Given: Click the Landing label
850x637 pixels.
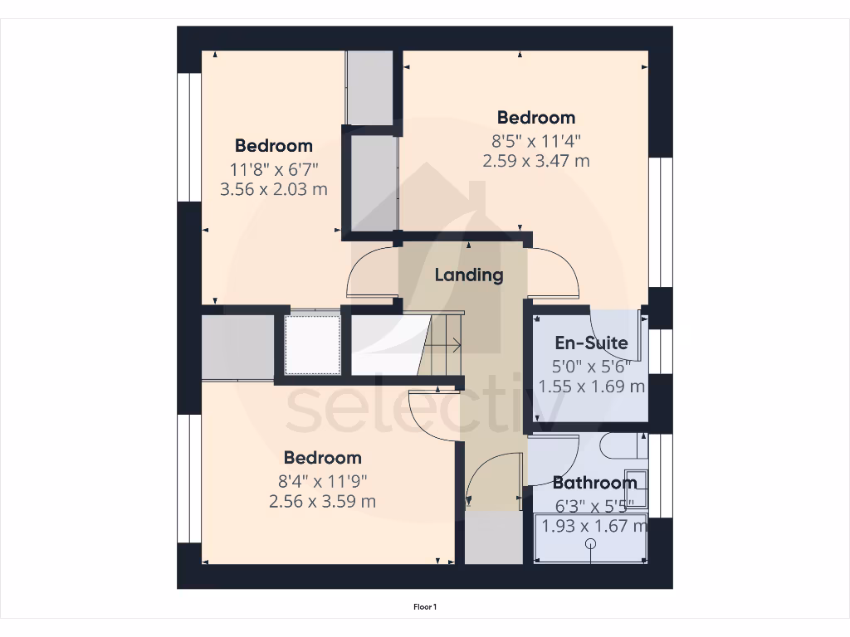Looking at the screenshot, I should [x=469, y=275].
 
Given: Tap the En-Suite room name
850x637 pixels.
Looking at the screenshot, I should [x=591, y=343].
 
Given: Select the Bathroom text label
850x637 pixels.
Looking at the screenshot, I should [x=594, y=483].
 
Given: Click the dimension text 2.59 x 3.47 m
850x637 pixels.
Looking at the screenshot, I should [x=536, y=161].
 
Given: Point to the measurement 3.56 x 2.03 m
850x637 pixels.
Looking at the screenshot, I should [x=273, y=189].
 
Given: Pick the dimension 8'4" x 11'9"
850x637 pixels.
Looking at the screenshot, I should [x=322, y=480].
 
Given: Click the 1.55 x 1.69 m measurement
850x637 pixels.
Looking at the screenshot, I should [x=591, y=386].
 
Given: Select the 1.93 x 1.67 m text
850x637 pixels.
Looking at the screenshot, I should [x=593, y=525].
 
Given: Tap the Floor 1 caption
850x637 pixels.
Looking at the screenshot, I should [x=425, y=607].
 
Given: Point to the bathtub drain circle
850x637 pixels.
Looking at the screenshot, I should [x=591, y=544].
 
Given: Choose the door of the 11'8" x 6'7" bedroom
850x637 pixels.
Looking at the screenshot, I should [x=372, y=272].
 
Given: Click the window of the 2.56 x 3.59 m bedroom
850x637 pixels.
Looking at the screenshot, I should [x=189, y=479].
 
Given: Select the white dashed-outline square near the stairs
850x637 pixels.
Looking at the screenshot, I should [x=313, y=344].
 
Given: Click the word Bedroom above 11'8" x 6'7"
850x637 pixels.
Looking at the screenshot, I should [x=273, y=146].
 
